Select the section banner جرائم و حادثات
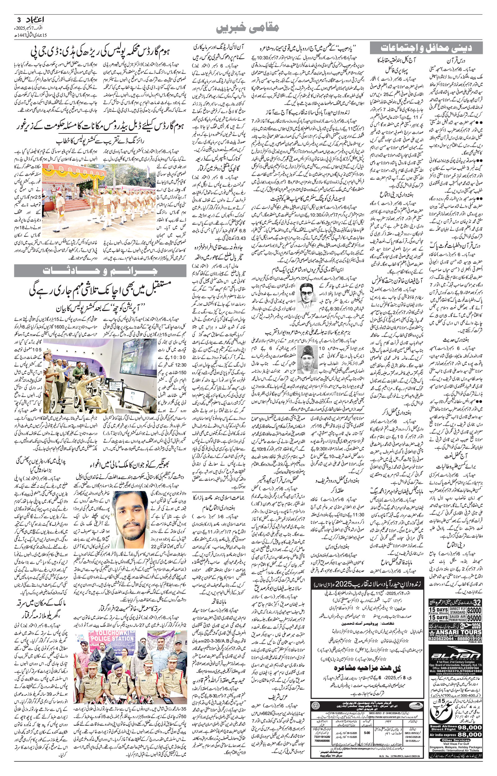[x=100, y=271]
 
